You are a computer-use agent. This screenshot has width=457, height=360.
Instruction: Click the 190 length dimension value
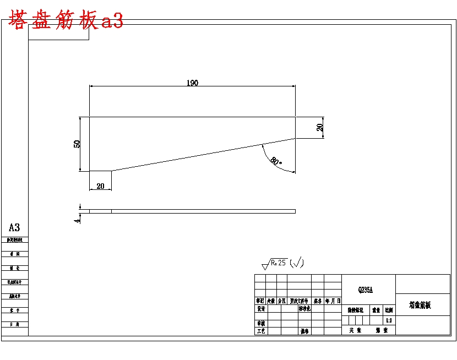[192, 83]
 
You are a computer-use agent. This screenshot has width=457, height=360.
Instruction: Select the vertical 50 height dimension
[78, 144]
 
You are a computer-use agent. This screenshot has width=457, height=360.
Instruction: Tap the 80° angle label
[276, 161]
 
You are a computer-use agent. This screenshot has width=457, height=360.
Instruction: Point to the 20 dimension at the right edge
[320, 127]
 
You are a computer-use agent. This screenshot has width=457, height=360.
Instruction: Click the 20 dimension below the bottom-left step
[100, 186]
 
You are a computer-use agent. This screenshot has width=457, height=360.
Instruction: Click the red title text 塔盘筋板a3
[66, 21]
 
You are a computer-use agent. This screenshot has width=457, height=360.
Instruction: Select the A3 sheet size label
[14, 227]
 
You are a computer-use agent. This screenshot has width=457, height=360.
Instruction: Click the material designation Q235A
[366, 289]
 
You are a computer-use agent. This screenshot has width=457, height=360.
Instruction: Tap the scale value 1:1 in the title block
[389, 320]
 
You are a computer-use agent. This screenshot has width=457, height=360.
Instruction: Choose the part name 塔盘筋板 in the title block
[420, 304]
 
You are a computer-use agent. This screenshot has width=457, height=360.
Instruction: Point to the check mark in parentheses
[297, 263]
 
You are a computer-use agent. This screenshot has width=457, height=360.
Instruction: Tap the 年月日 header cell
[333, 301]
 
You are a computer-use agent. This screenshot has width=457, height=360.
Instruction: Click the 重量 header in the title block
[376, 310]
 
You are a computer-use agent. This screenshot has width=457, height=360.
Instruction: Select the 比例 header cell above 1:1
[389, 310]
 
